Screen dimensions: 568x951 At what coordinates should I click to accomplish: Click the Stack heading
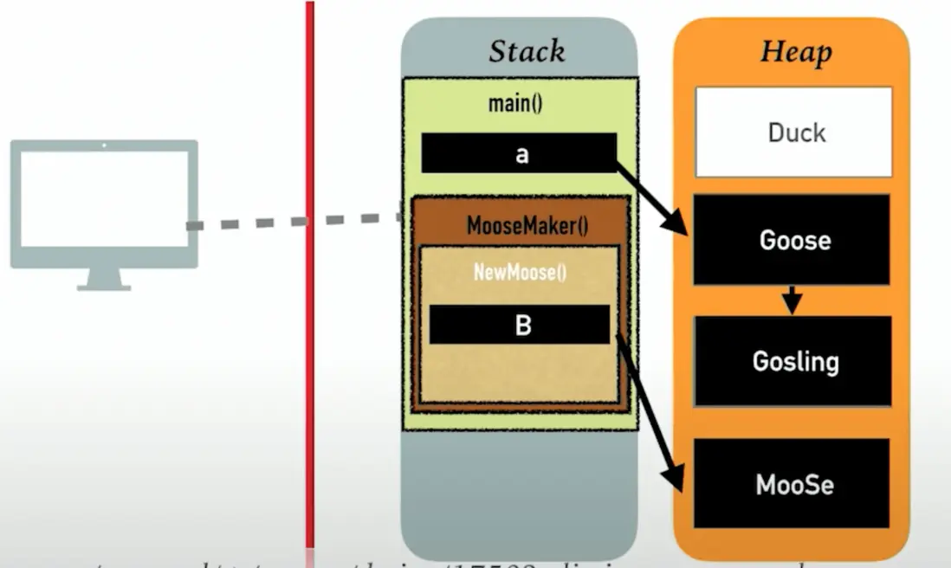tap(527, 51)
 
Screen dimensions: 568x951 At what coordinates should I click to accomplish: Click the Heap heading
tap(795, 51)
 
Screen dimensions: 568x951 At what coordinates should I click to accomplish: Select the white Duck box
tap(794, 132)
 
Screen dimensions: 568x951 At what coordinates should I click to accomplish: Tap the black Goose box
tap(792, 240)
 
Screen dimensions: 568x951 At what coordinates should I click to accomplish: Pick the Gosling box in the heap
tap(793, 360)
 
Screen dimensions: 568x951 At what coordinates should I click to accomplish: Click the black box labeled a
tap(519, 153)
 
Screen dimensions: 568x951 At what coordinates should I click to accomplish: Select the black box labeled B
tap(520, 325)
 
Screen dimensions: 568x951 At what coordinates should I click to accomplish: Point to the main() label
tap(515, 105)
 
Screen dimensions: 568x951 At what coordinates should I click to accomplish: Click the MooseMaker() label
tap(527, 228)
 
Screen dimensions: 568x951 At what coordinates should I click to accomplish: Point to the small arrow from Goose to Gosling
tap(791, 300)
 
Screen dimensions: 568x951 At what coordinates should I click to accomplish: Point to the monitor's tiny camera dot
tap(104, 145)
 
